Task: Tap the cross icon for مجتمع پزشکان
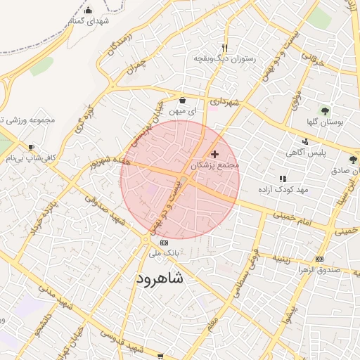[214, 153]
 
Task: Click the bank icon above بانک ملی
[165, 243]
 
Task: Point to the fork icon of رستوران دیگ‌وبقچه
[225, 48]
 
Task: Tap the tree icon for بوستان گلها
[325, 110]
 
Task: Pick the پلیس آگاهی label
[304, 152]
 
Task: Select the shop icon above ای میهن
[183, 100]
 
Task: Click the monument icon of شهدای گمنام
[88, 10]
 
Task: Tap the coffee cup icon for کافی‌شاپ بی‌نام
[30, 147]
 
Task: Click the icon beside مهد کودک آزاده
[283, 179]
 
